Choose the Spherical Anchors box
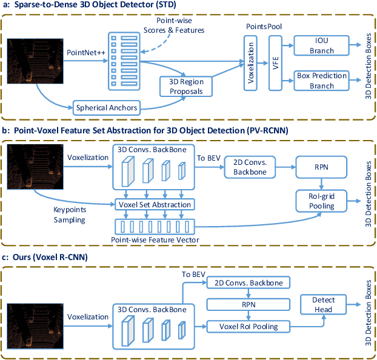tap(107, 108)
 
